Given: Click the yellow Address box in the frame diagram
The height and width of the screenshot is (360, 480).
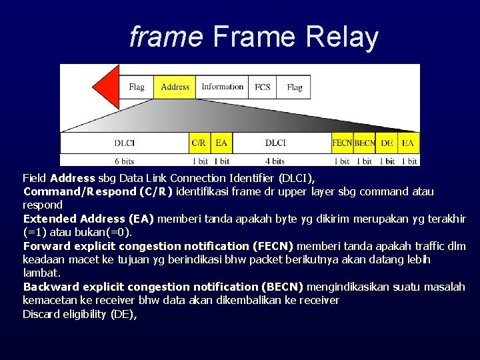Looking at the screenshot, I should click(x=175, y=87).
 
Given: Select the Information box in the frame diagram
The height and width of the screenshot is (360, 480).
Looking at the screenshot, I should click(x=222, y=87).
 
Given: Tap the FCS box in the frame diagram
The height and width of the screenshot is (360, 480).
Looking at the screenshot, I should click(x=263, y=87).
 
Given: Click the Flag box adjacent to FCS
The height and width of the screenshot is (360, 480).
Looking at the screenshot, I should click(x=294, y=87).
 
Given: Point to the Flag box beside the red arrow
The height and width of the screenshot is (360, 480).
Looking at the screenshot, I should click(x=137, y=87).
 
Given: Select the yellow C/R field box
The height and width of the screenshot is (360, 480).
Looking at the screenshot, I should click(x=199, y=143).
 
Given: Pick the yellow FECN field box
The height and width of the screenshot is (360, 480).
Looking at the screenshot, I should click(x=342, y=143).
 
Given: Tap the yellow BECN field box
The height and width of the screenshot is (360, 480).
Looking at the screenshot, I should click(x=365, y=143).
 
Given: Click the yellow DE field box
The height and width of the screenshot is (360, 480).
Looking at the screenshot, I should click(x=387, y=143).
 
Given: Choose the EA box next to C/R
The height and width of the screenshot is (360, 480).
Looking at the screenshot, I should click(x=221, y=143).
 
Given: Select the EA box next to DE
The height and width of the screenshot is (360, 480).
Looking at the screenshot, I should click(x=408, y=143).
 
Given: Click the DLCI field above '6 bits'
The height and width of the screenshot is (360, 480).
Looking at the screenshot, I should click(x=125, y=143).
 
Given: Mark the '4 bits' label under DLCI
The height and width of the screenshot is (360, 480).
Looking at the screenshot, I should click(x=275, y=161).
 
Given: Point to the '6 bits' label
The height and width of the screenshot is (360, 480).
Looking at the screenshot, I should click(x=125, y=161).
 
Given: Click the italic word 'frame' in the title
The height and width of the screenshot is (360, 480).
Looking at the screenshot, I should click(x=165, y=37).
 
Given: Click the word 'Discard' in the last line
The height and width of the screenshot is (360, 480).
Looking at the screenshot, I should click(x=41, y=314).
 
